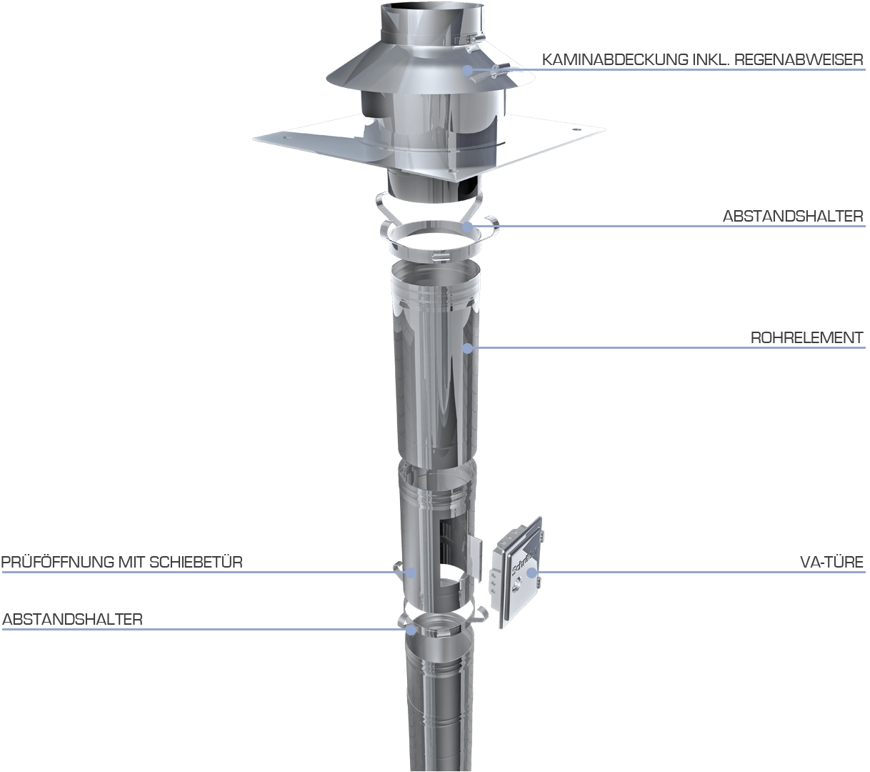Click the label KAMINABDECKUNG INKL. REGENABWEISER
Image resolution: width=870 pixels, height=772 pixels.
click(703, 60)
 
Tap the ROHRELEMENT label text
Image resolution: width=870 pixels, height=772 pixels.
click(807, 338)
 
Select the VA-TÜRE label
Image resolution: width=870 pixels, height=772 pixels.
click(831, 562)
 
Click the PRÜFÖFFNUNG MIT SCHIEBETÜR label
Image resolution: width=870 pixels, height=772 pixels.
click(122, 562)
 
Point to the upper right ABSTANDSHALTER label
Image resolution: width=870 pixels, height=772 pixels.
click(793, 216)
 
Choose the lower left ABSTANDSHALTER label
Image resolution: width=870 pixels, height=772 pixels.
click(73, 620)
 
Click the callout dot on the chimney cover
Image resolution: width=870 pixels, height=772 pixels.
click(468, 70)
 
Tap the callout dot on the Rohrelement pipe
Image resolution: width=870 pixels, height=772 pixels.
click(468, 347)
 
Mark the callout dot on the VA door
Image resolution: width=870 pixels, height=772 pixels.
click(531, 572)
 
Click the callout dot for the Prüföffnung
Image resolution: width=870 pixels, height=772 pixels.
click(411, 572)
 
